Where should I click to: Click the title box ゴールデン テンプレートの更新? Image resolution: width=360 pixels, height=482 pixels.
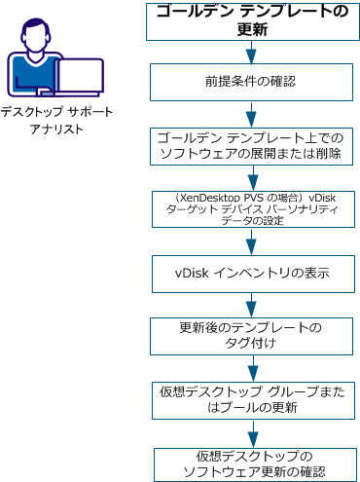point(252,20)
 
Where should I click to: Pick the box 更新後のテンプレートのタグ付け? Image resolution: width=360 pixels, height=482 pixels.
point(252,333)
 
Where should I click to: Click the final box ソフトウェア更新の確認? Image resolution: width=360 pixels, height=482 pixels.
point(252,463)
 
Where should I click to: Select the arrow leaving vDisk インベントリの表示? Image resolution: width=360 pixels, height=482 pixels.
point(252,302)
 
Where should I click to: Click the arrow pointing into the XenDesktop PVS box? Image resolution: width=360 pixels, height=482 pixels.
point(252,176)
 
